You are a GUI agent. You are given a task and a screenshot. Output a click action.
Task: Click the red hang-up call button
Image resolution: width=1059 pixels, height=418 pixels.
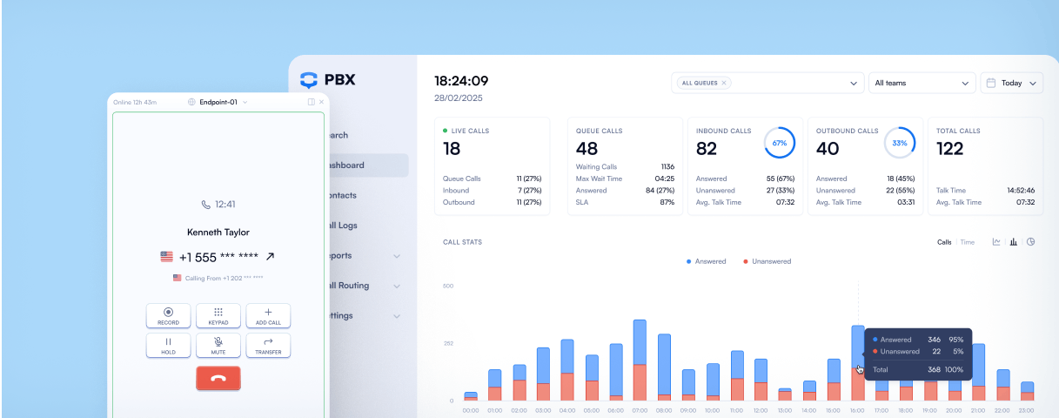[x=218, y=378]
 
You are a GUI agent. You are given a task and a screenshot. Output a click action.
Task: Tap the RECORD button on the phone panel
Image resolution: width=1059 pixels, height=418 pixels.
[x=169, y=315]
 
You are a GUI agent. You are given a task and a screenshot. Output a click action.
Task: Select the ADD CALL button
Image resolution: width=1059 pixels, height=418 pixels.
[x=268, y=315]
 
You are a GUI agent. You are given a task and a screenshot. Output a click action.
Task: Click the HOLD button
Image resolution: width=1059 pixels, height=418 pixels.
[x=169, y=346]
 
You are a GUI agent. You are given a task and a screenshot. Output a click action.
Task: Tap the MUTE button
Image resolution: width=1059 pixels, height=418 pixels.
[x=218, y=346]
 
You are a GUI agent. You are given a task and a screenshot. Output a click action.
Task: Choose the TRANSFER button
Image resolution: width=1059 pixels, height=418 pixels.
[x=268, y=346]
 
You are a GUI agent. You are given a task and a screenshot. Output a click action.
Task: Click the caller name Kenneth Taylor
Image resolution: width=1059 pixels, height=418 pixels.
[x=218, y=233]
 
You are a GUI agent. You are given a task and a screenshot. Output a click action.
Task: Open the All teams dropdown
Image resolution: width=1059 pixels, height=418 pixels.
[x=922, y=83]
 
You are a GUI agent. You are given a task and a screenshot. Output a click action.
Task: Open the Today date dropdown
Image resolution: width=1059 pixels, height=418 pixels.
[x=1011, y=83]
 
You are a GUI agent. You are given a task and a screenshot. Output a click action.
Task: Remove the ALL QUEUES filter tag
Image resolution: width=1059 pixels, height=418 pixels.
[x=724, y=83]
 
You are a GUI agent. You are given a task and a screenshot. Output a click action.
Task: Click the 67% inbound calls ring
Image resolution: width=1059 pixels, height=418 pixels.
[x=780, y=142]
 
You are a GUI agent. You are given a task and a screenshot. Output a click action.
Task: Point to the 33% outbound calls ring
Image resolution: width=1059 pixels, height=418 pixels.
[x=900, y=142]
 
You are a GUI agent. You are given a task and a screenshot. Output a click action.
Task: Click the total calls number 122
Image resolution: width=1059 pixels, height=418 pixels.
[x=949, y=149]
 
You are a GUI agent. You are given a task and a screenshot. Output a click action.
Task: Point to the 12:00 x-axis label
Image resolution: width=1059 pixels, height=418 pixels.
[x=761, y=409]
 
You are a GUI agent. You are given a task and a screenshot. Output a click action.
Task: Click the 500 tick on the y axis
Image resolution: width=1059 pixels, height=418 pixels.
[x=448, y=286]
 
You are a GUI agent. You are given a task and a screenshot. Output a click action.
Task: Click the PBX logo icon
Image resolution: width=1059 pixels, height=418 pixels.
[x=309, y=80]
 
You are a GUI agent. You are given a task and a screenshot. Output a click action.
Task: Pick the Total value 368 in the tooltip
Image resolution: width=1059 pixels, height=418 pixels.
[x=935, y=370]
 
